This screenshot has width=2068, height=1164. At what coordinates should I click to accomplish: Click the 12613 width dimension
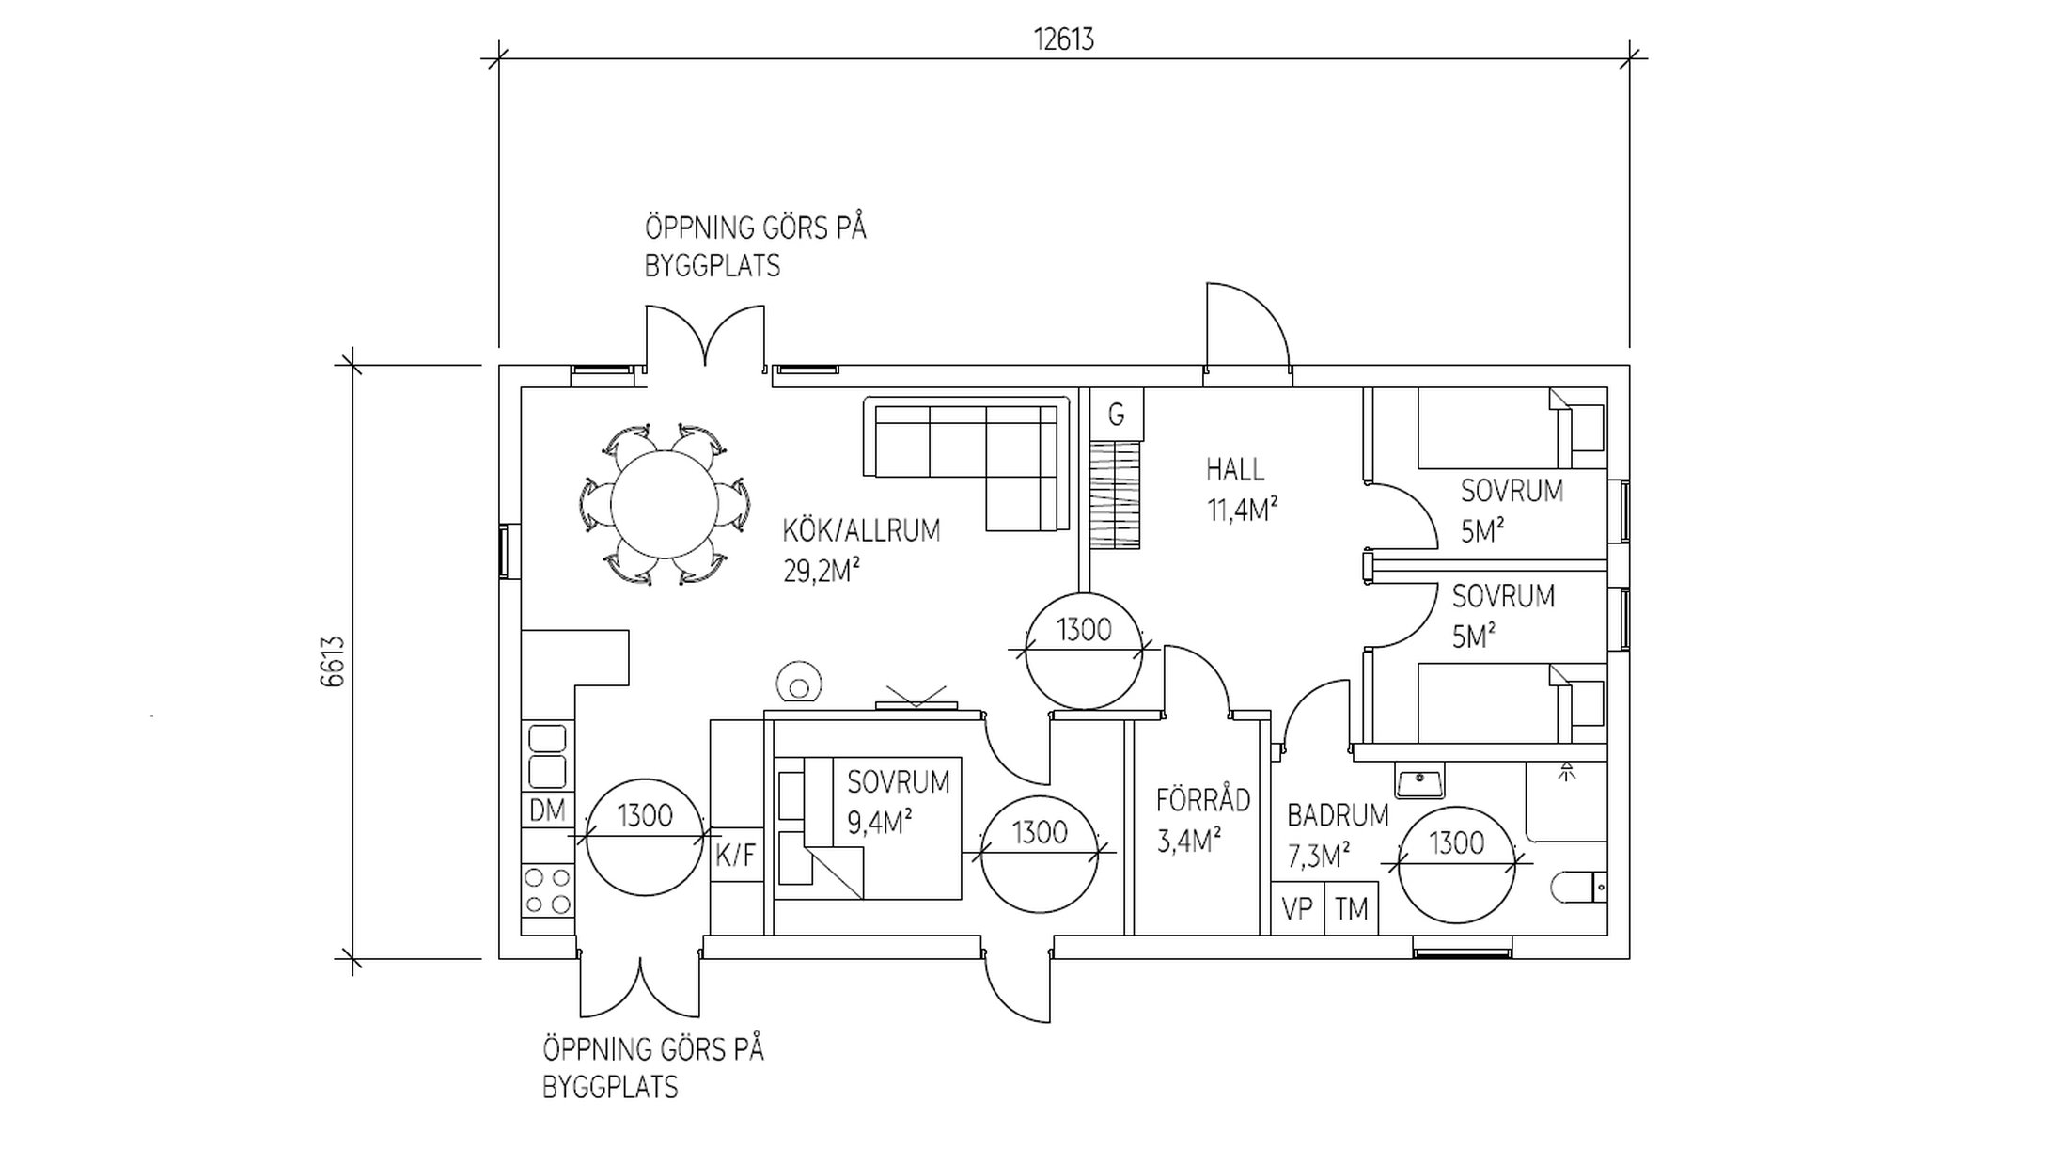point(1063,40)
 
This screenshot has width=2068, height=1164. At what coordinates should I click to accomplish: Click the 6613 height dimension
point(334,661)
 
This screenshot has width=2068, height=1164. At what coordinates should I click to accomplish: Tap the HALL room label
point(1235,469)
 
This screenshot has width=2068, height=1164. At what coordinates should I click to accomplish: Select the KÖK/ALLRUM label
point(861,531)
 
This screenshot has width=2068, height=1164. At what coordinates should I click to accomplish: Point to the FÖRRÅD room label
point(1202,800)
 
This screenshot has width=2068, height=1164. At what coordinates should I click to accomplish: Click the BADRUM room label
point(1338,815)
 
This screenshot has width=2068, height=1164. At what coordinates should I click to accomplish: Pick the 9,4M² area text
point(880,824)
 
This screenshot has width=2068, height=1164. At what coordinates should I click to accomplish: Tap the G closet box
point(1117,415)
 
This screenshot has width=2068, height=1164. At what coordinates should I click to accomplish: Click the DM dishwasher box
point(547,810)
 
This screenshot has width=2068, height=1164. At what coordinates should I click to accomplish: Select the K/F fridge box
point(735,855)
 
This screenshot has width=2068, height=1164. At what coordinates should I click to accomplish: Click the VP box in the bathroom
point(1297,909)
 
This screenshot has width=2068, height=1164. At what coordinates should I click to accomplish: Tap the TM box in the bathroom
point(1351,909)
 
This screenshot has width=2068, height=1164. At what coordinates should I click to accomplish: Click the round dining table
point(664,505)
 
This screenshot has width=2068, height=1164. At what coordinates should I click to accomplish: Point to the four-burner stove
point(547,890)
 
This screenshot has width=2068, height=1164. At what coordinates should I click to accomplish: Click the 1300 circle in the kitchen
point(645,837)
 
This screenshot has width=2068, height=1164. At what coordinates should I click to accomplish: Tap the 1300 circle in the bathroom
point(1456,864)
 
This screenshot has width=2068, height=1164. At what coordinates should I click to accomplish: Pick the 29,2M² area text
point(822,572)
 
